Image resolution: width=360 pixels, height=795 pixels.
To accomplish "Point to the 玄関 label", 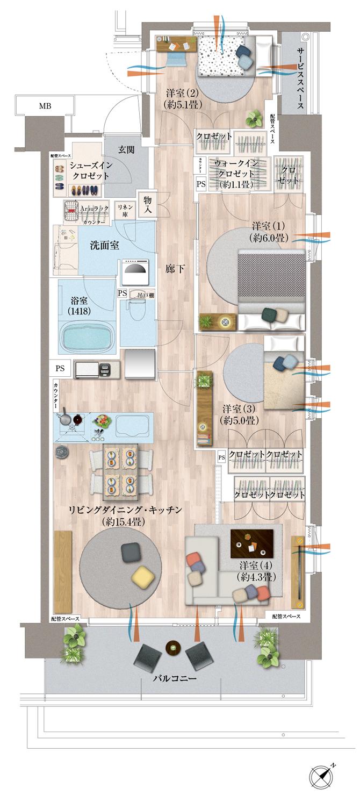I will (x=126, y=149).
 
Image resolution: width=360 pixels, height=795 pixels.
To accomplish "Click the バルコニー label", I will (x=172, y=678).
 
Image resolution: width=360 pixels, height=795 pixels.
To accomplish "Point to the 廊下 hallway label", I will (x=177, y=269).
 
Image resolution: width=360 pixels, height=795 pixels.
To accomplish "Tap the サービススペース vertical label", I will (x=301, y=78).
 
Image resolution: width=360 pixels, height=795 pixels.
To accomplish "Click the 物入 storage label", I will (x=148, y=204).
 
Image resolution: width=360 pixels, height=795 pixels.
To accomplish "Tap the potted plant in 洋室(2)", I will (x=253, y=117).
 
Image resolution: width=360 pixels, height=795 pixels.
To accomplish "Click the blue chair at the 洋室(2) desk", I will (x=176, y=56).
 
